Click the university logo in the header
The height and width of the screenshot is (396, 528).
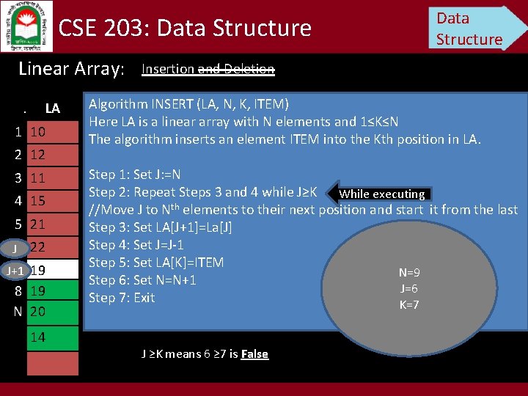(26, 26)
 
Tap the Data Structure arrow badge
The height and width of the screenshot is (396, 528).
(475, 28)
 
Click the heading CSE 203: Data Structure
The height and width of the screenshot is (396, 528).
(185, 28)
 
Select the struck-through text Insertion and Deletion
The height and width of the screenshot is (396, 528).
(208, 69)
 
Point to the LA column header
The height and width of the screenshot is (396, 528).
(52, 109)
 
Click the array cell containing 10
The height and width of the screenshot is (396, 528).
(52, 132)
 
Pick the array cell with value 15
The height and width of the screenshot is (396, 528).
(52, 200)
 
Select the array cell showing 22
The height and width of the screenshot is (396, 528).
(52, 248)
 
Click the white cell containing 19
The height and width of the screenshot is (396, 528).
(52, 270)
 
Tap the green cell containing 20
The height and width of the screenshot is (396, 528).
(52, 311)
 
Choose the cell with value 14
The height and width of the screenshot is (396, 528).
(52, 337)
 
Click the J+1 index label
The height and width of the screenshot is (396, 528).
(14, 271)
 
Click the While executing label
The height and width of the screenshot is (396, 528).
(382, 194)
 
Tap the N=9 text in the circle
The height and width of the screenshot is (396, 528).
(408, 272)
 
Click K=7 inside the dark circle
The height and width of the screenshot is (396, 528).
(408, 304)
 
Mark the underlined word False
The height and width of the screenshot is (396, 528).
(254, 354)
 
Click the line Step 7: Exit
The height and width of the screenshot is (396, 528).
(122, 297)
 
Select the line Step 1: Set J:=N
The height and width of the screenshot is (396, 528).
(134, 175)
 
